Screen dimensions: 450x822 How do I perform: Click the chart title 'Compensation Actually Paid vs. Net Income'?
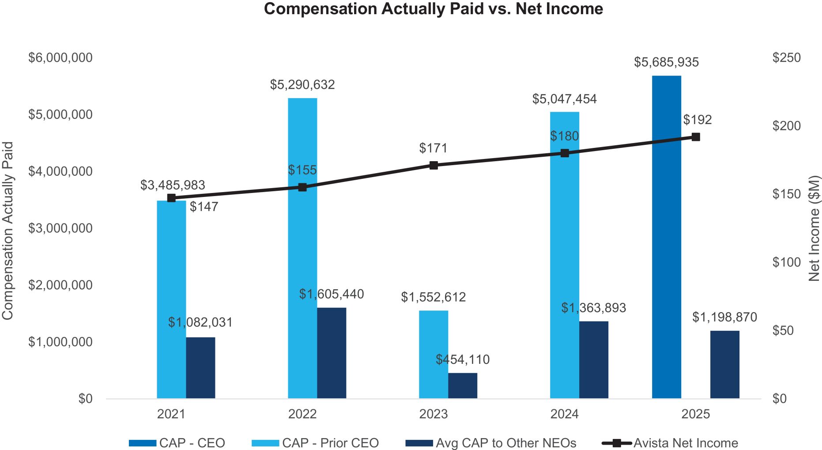tap(433, 9)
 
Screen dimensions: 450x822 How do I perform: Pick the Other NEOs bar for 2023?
tap(462, 386)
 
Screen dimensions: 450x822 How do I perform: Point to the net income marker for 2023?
tap(434, 166)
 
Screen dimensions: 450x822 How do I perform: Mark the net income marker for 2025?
tap(696, 137)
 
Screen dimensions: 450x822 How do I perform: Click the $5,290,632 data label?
tap(302, 85)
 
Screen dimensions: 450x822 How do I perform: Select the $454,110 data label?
tap(462, 359)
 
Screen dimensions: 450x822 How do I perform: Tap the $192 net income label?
tap(698, 120)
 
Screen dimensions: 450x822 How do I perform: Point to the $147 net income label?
tap(204, 207)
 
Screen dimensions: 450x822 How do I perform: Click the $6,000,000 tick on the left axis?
tap(60, 58)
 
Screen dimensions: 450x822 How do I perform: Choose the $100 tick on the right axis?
tap(786, 262)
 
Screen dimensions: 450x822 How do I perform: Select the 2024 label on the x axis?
tap(565, 414)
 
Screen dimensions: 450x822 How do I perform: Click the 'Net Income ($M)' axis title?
tap(814, 228)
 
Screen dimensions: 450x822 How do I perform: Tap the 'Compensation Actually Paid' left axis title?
tap(8, 231)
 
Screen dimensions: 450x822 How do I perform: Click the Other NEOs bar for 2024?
tap(593, 360)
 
